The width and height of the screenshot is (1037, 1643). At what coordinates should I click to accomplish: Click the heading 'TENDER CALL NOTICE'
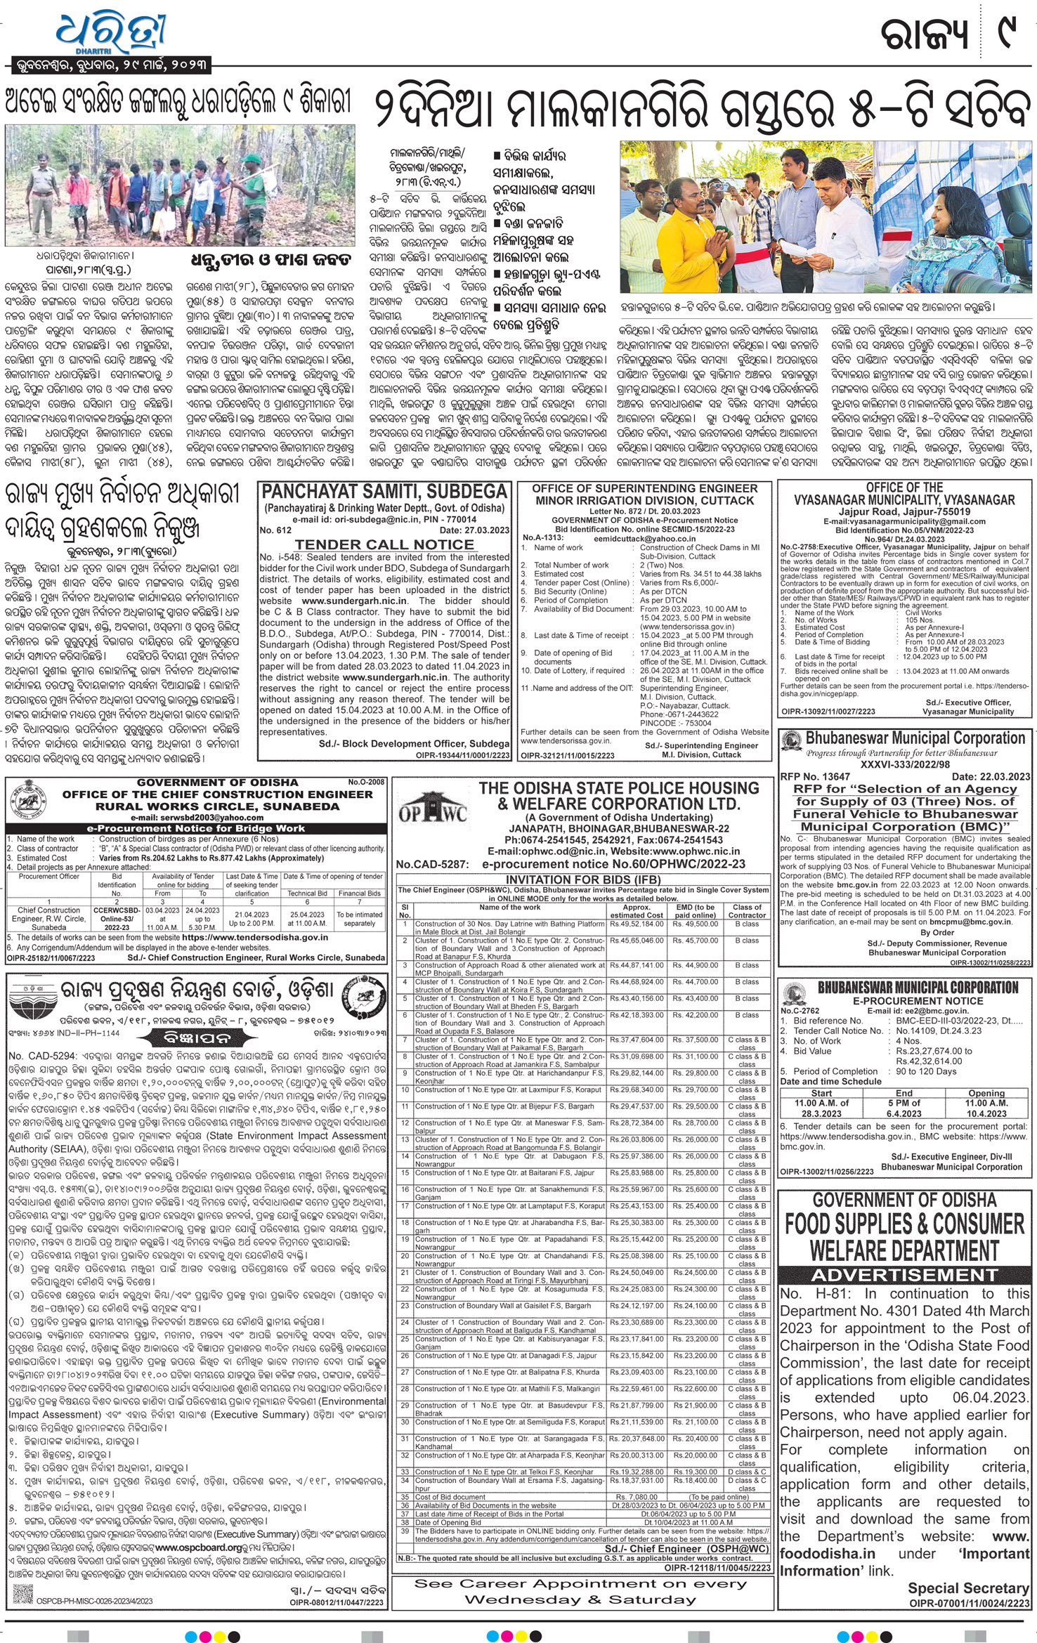384,544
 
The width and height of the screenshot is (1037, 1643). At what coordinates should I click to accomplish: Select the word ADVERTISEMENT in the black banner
905,1276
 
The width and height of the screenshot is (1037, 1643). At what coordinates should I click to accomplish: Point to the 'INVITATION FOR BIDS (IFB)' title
582,879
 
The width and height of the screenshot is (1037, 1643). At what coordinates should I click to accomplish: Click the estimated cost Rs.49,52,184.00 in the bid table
636,924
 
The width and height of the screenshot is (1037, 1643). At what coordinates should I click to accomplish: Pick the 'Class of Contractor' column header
747,910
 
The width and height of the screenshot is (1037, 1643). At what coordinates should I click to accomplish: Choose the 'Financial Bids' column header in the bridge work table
360,893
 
